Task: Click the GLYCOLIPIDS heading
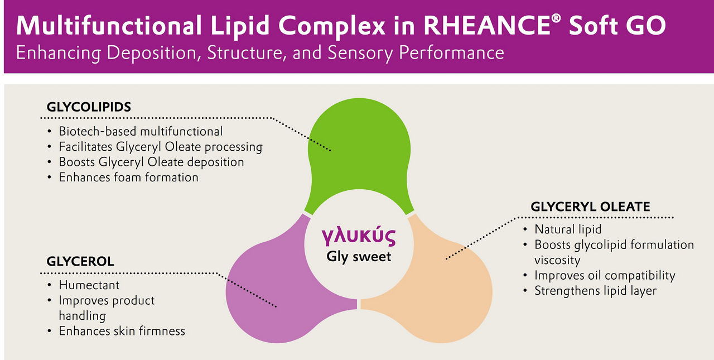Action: point(89,107)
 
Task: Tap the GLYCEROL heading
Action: point(80,261)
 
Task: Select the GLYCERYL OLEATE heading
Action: point(590,207)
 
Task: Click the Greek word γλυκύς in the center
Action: point(359,236)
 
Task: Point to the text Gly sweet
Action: point(359,257)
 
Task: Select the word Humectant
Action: point(89,285)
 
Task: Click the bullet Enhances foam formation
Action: point(128,177)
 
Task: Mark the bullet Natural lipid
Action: point(568,229)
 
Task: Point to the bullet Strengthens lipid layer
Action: point(595,291)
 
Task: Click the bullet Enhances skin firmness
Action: point(122,331)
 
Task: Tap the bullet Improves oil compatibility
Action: point(605,276)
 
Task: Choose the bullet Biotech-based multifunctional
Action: point(141,131)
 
